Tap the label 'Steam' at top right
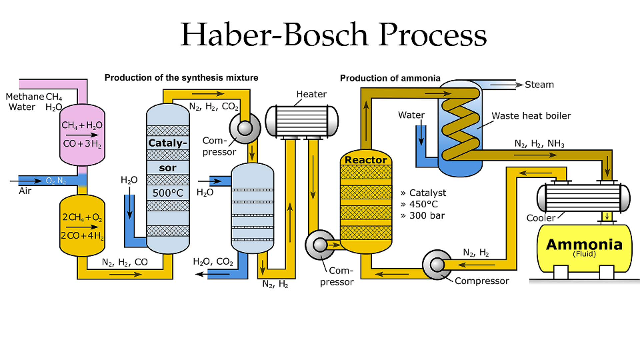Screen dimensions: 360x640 539,85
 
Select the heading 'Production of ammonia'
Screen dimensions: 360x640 390,78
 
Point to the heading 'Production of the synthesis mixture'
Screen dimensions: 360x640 181,78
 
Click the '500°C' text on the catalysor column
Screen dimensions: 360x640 167,193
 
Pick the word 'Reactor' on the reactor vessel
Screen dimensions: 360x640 365,160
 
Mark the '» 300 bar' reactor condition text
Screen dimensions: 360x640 422,215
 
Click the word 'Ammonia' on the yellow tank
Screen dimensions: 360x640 584,244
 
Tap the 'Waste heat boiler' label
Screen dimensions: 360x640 531,115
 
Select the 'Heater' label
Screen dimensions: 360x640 311,94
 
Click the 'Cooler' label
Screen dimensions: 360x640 541,218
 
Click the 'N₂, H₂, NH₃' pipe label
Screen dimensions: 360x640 538,143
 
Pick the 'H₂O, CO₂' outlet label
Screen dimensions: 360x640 213,262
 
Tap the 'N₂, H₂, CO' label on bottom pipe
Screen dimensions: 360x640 125,263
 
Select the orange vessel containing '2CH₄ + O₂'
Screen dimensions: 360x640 82,225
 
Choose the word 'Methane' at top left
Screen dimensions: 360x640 25,97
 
